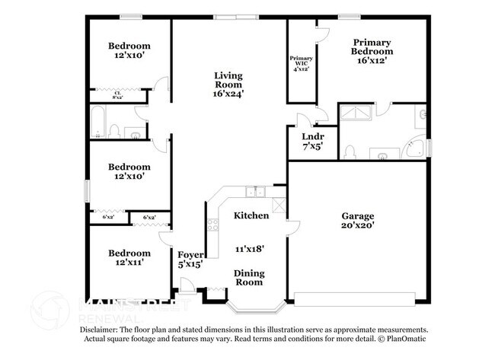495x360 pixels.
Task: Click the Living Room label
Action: point(228,81)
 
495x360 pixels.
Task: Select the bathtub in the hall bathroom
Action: point(97,122)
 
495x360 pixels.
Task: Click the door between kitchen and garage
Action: point(287,225)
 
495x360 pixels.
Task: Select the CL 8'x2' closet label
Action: point(118,95)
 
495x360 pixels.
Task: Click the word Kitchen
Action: point(251,215)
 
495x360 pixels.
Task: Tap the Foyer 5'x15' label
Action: point(190,260)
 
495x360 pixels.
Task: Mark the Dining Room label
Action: point(248,277)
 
